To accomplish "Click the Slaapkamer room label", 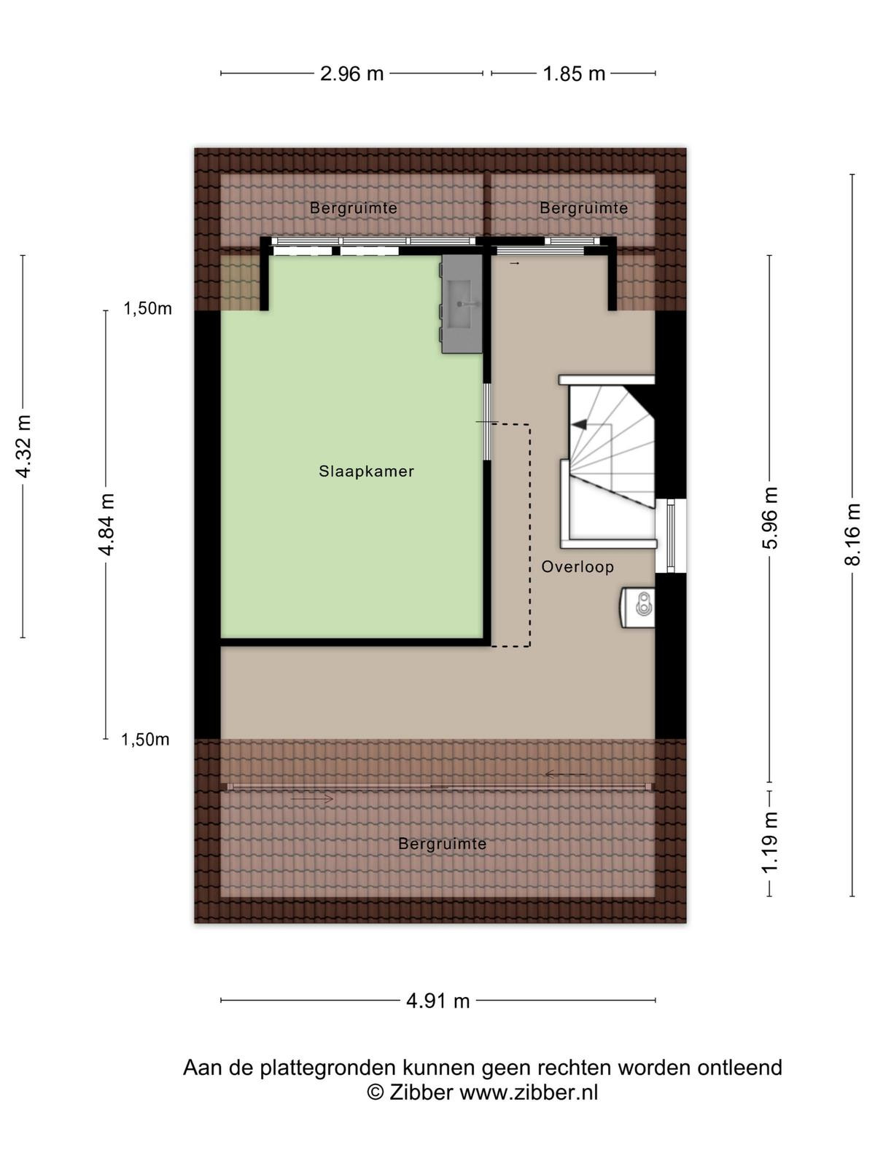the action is point(366,472).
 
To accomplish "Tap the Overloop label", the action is point(577,567).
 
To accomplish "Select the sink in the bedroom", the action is point(462,304).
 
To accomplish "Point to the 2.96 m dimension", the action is point(351,74).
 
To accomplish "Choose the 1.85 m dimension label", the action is point(574,74).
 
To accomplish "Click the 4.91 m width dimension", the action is point(437,1001).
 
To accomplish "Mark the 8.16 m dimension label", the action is point(852,534).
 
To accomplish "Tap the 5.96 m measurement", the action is point(770,518).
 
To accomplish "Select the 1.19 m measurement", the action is point(770,842).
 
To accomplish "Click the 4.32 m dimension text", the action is point(23,446).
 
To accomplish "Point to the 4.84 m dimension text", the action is point(106,524).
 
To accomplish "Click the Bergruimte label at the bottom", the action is point(442,844).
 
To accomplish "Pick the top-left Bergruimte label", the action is point(354,208).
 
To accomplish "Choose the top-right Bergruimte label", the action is point(583,208).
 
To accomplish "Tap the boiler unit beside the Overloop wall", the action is point(637,607).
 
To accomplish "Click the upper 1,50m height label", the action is point(148,308).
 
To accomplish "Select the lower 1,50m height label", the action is point(145,739).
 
